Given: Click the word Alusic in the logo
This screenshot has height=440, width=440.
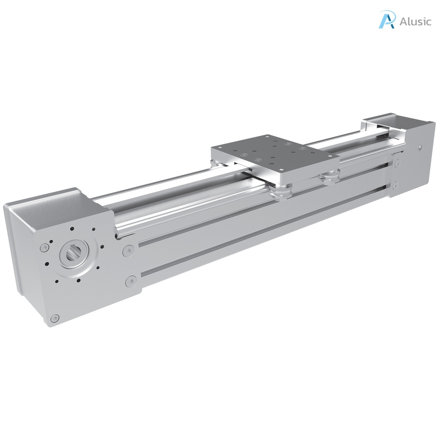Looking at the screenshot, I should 415,21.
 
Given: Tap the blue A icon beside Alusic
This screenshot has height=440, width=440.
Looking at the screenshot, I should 386,20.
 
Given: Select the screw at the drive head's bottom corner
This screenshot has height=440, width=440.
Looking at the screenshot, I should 54,318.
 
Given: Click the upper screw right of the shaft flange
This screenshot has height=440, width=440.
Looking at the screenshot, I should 128,251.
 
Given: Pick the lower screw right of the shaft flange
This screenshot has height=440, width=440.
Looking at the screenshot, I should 131,282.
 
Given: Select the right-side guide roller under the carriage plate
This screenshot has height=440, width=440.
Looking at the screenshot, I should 330,175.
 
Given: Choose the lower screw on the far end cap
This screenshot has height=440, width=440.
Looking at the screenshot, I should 394,185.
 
